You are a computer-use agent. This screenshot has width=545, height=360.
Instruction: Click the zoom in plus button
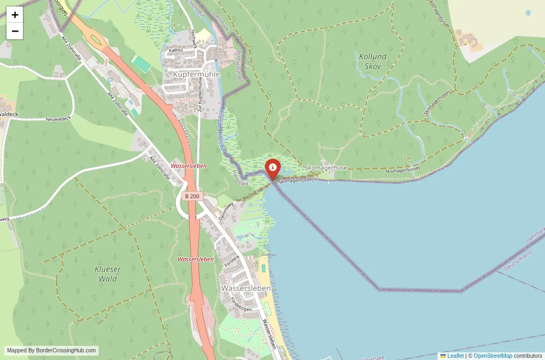point(15,15)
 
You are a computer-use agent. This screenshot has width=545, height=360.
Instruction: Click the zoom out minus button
point(15,31)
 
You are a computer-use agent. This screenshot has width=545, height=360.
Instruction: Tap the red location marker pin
point(272,168)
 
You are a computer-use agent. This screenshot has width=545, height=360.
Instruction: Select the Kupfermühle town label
point(196,74)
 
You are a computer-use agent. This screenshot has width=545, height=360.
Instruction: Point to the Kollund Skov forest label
point(373,61)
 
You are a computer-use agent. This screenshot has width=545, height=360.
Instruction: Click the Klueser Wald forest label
point(108,274)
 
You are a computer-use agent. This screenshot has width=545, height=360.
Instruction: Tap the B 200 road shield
point(192,196)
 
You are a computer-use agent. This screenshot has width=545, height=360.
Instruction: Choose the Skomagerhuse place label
point(326,168)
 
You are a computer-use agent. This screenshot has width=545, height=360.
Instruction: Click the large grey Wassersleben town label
point(246,288)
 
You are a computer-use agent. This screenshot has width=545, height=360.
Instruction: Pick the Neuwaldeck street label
point(59,119)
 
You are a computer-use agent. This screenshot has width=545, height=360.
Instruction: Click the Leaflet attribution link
point(455,356)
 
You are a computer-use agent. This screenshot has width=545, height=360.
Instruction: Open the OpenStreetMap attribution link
point(493,356)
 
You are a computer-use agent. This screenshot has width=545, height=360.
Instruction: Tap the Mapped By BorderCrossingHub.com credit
point(52,351)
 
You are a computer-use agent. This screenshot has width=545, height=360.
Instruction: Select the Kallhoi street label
point(176,50)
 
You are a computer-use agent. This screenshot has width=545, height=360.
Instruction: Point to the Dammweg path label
point(226,211)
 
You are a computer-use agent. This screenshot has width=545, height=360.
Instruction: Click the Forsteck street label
point(232,260)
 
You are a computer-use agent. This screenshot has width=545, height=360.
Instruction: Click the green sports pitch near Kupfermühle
point(141,64)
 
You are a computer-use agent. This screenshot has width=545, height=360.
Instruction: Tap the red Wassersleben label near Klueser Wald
point(196,259)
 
